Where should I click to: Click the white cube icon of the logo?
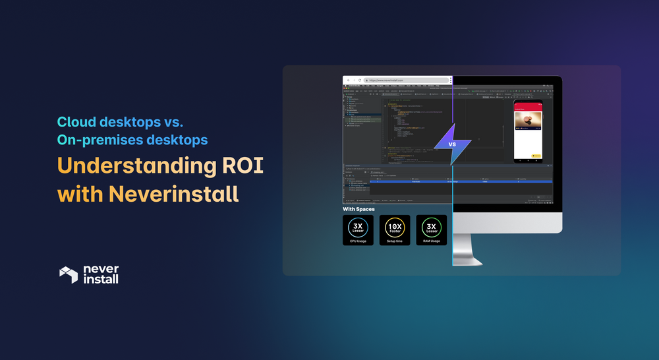click(x=69, y=275)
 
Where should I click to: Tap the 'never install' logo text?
click(x=101, y=275)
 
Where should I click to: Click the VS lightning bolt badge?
click(x=452, y=143)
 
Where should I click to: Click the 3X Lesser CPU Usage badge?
click(x=358, y=230)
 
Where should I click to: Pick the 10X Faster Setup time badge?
click(x=395, y=230)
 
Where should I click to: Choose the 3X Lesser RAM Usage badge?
click(x=432, y=230)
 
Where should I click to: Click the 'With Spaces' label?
click(x=358, y=210)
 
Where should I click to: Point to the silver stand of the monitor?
click(x=471, y=249)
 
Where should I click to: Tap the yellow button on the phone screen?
click(x=536, y=156)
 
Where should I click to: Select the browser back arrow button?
click(x=348, y=80)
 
